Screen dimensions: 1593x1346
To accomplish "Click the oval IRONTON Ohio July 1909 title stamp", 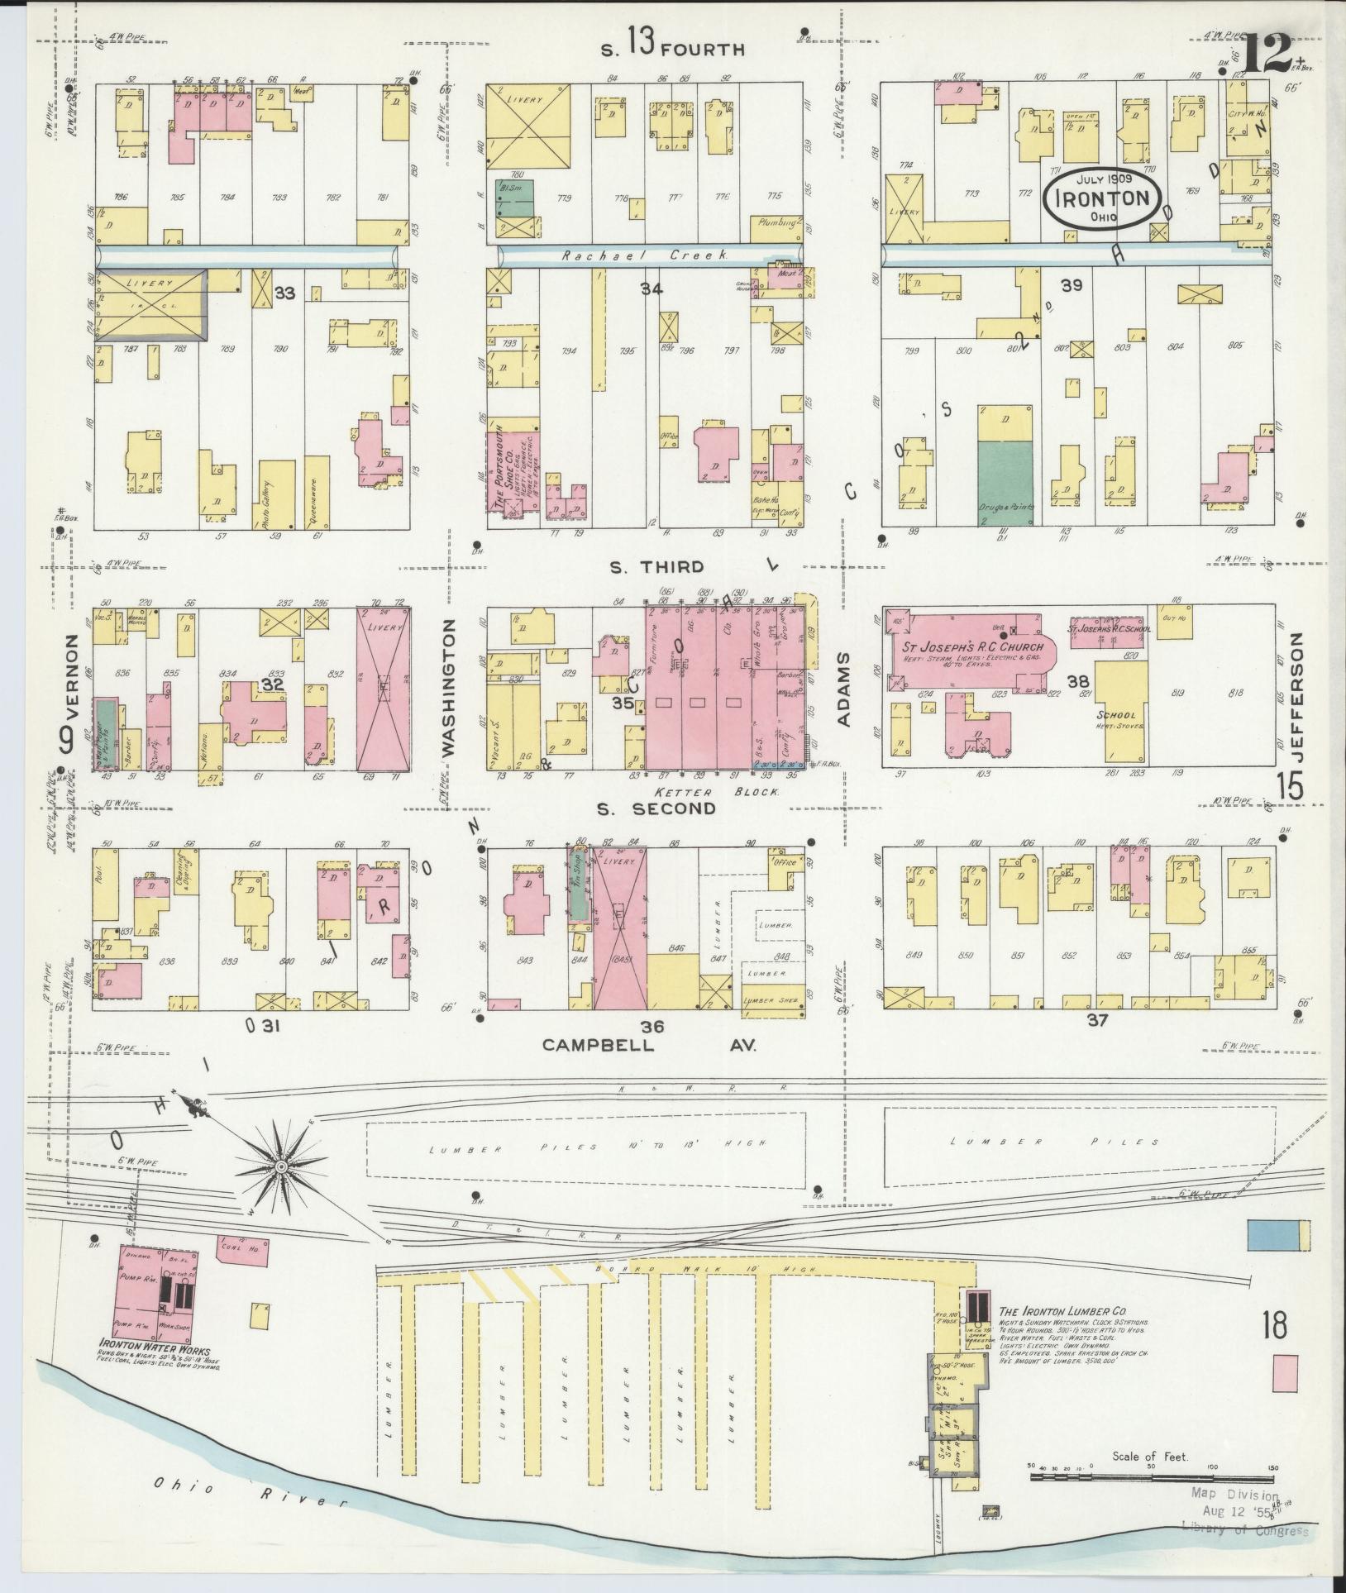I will [x=1102, y=198].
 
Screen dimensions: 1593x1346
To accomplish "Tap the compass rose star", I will [x=281, y=1166].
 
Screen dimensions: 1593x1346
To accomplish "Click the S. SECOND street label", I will [x=657, y=808].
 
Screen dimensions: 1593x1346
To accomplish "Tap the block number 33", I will [x=284, y=293].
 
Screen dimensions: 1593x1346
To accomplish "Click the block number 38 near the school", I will [x=1076, y=682].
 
